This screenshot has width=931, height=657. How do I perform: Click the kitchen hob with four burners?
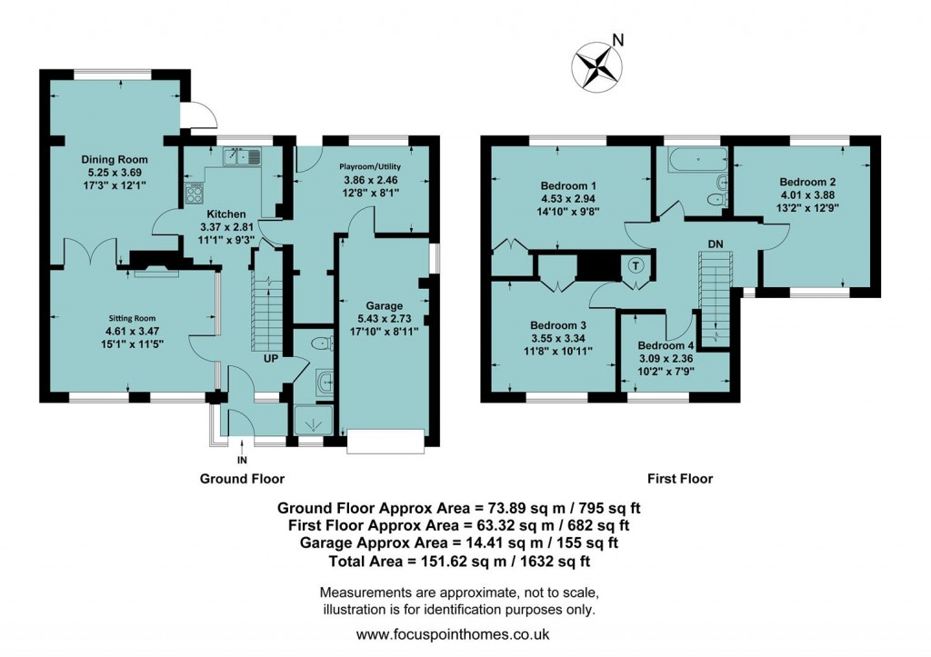click(195, 193)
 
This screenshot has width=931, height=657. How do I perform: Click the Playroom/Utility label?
click(370, 166)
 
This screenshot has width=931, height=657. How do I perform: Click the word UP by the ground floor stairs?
click(270, 359)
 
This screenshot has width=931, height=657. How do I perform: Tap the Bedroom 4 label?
click(666, 345)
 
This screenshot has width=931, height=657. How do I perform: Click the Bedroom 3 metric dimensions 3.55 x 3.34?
click(558, 338)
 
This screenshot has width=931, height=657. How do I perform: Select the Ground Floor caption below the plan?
click(242, 479)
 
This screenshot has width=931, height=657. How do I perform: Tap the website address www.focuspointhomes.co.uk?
click(453, 634)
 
